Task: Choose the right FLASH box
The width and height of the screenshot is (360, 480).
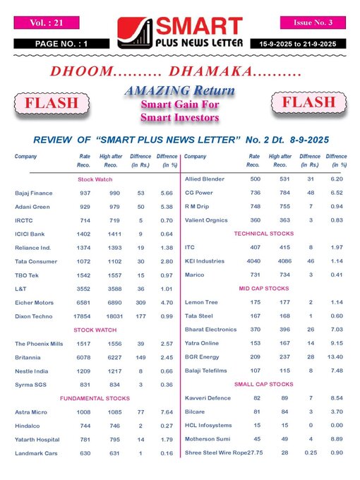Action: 308,103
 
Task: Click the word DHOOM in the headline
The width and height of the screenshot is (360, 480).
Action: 78,71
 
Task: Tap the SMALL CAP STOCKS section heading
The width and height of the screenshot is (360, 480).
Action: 263,384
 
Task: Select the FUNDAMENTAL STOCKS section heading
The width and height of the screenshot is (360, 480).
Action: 94,398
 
